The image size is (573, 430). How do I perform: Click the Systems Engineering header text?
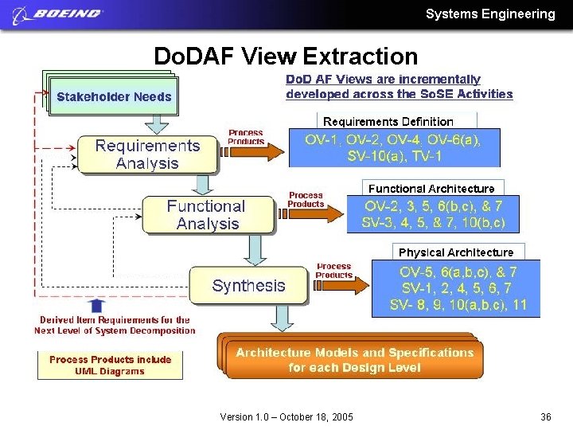pyautogui.click(x=490, y=14)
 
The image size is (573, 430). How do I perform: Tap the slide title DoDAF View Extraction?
pyautogui.click(x=285, y=57)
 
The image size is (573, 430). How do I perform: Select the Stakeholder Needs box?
pyautogui.click(x=114, y=97)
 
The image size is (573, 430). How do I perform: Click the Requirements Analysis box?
pyautogui.click(x=147, y=154)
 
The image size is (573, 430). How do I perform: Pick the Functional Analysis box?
pyautogui.click(x=207, y=215)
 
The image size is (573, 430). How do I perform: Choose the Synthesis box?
pyautogui.click(x=248, y=285)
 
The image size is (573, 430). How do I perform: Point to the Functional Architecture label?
pyautogui.click(x=431, y=189)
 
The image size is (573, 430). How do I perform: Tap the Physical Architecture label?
pyautogui.click(x=456, y=252)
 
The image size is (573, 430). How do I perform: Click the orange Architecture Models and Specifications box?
pyautogui.click(x=354, y=360)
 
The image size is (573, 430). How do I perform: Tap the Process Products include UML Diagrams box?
pyautogui.click(x=110, y=365)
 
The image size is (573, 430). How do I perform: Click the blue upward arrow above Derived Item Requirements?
pyautogui.click(x=96, y=305)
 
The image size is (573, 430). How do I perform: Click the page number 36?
pyautogui.click(x=546, y=417)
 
